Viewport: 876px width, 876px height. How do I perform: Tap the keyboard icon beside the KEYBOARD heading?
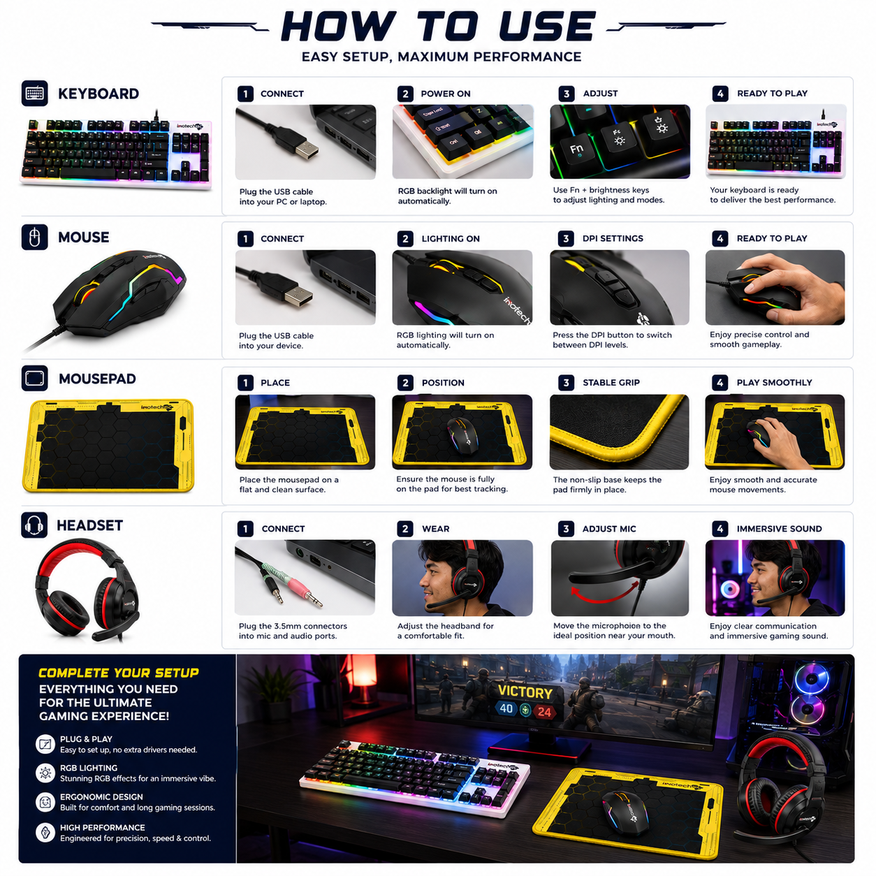click(34, 93)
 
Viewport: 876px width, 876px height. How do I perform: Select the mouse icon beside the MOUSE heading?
click(34, 237)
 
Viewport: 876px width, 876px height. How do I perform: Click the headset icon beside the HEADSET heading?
click(34, 525)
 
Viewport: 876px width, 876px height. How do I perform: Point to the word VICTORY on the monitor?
click(525, 692)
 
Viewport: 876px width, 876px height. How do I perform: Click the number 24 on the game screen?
click(544, 711)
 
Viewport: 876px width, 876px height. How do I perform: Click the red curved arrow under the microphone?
click(605, 593)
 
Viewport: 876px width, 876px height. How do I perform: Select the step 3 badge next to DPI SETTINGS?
click(566, 238)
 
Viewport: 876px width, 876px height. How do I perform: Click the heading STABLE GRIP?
click(611, 382)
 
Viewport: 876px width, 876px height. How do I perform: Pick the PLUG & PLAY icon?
click(45, 744)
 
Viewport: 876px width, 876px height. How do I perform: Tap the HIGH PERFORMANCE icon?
click(45, 833)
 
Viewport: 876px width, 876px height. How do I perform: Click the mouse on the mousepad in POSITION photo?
click(462, 436)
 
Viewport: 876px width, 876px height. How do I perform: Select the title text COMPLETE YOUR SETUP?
click(119, 673)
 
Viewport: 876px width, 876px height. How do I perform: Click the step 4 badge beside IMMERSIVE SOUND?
click(720, 528)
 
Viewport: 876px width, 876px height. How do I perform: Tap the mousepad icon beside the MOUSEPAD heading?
click(34, 378)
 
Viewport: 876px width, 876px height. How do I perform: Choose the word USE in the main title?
click(547, 27)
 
